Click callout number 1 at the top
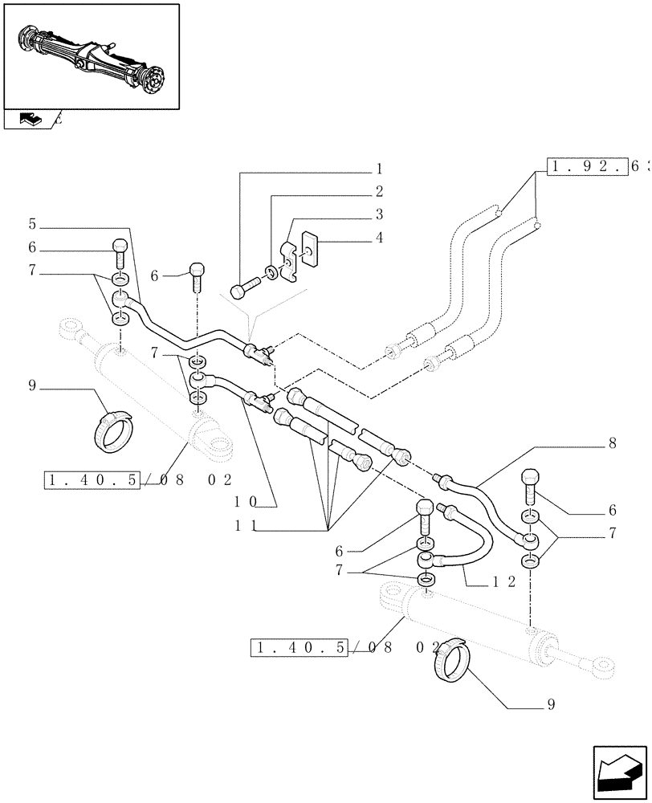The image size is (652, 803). point(378,170)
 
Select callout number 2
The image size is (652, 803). point(378,193)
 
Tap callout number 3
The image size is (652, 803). point(378,215)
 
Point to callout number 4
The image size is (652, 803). point(378,238)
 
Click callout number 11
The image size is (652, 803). point(246,526)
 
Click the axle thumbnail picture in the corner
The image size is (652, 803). point(91,55)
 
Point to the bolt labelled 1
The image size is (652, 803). point(244,287)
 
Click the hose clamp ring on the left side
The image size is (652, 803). point(112,430)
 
